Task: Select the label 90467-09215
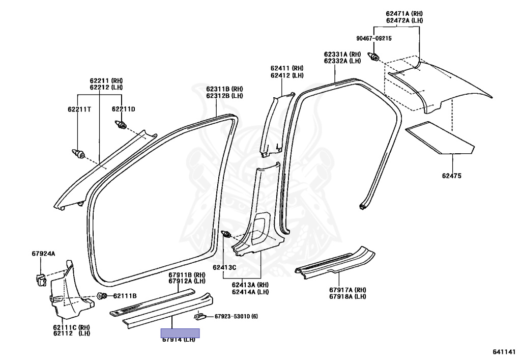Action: point(374,38)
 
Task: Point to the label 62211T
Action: point(79,109)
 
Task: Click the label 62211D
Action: point(124,109)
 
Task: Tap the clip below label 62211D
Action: point(121,124)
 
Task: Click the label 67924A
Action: point(43,253)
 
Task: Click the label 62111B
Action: point(125,296)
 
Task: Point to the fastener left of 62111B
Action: point(102,296)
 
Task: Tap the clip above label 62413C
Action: point(227,235)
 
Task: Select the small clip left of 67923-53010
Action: point(199,317)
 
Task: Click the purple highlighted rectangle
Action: point(180,334)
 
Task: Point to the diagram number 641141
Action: point(504,352)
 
